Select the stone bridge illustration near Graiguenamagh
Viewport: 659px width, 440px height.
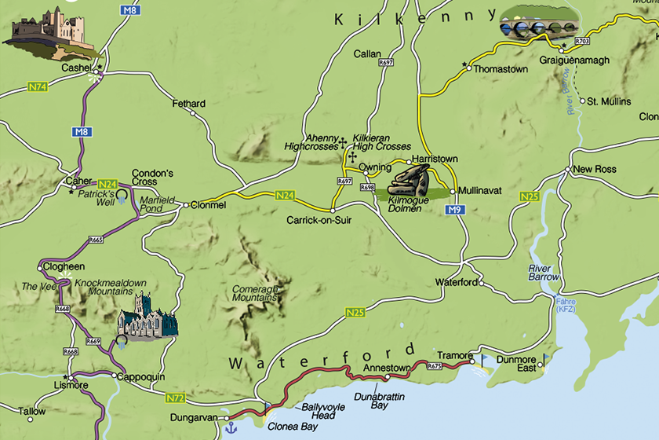tap(540, 24)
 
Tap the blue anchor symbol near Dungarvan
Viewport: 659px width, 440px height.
tap(231, 427)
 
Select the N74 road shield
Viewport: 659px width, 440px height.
tap(38, 86)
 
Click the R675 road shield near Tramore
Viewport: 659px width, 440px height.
tap(435, 365)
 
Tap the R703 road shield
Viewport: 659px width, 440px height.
tap(582, 41)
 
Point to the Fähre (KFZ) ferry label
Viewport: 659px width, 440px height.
tap(566, 305)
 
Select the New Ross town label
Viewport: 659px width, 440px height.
tap(594, 169)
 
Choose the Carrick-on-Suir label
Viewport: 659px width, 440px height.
tap(319, 220)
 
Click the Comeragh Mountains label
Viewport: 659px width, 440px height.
tap(255, 294)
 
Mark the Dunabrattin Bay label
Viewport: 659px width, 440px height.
tap(378, 401)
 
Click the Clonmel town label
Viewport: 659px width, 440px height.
tap(208, 205)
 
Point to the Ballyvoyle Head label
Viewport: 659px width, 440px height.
tap(319, 412)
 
